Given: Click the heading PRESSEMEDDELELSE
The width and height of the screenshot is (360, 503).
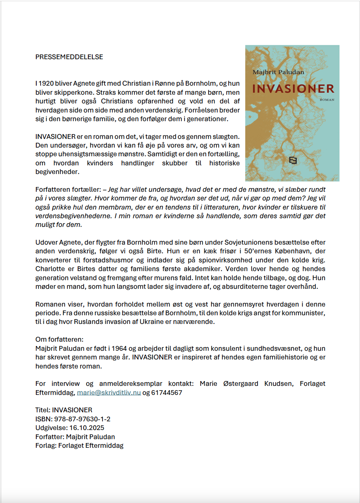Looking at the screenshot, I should pos(69,57).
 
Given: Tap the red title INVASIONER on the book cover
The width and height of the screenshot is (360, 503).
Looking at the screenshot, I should pos(293,89).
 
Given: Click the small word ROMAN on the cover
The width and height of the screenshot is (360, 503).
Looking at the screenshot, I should pos(327,100).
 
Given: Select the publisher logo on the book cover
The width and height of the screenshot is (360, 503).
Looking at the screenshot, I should pos(293,160).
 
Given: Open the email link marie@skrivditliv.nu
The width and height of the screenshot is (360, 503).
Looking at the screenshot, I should pos(109,393).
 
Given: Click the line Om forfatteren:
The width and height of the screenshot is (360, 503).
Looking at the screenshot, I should pos(60,340).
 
